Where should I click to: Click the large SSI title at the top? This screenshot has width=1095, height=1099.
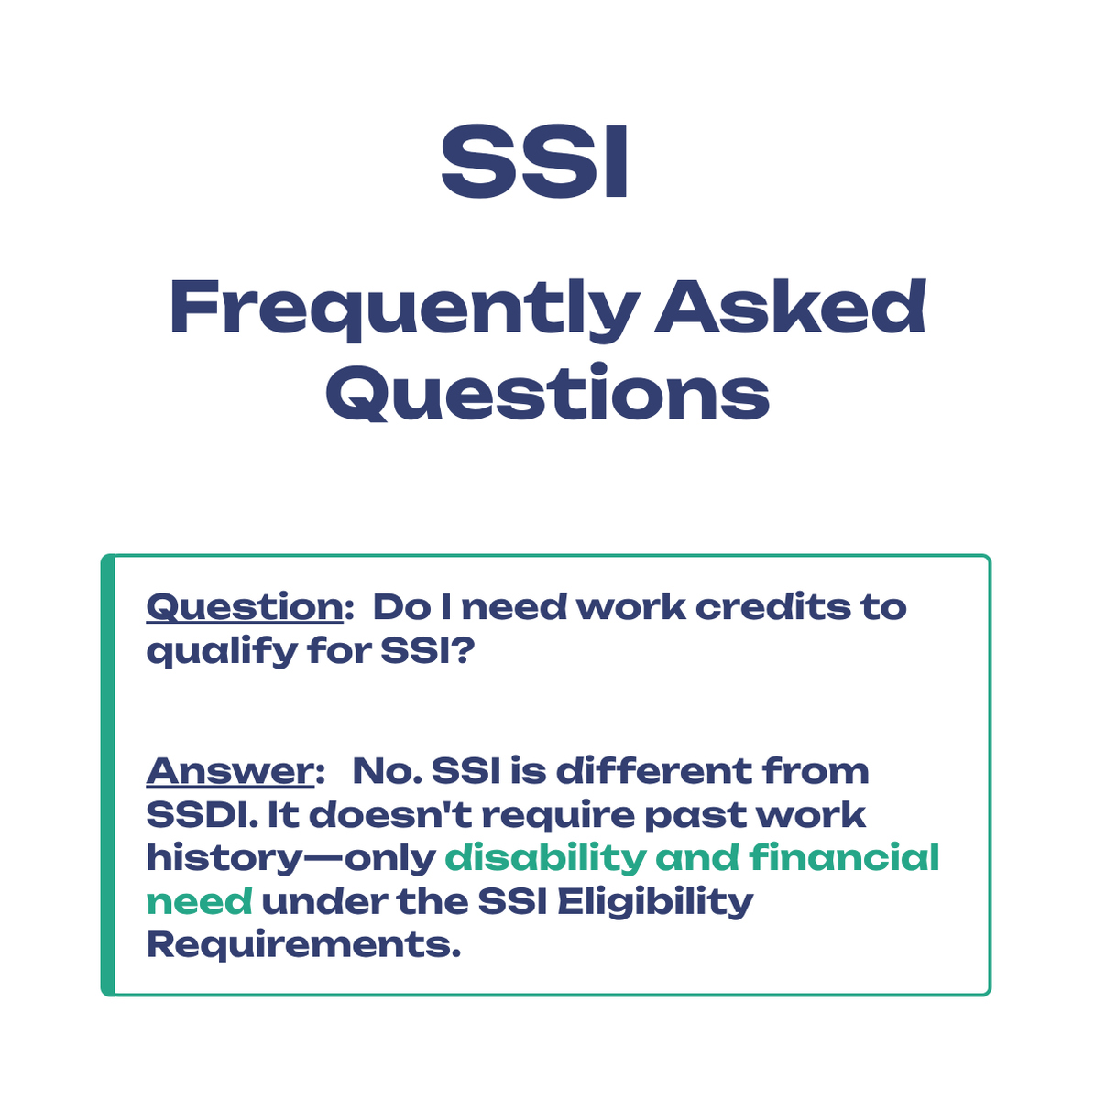[x=535, y=163]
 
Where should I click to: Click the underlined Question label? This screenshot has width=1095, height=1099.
[x=245, y=607]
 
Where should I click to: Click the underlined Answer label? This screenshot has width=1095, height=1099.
[x=230, y=771]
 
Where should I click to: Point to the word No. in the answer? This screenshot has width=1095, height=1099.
[x=385, y=771]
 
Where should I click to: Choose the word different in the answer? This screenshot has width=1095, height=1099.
[x=653, y=771]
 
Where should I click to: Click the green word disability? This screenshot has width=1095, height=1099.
[x=545, y=858]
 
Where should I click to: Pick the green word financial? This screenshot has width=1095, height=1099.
[x=845, y=858]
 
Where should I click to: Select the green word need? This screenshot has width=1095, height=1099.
[x=199, y=902]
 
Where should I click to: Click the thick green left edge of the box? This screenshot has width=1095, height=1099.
[x=107, y=775]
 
